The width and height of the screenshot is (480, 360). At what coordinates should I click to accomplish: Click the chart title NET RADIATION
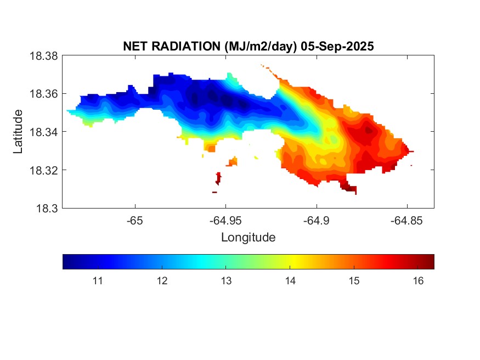[172, 47]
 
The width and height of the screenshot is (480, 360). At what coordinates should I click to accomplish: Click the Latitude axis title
[18, 132]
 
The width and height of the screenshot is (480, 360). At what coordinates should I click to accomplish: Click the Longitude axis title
[248, 238]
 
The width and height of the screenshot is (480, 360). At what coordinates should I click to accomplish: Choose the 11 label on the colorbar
[98, 281]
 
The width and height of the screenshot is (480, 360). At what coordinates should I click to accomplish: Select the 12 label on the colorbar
[162, 281]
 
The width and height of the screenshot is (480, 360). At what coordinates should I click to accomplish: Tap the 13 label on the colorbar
[226, 281]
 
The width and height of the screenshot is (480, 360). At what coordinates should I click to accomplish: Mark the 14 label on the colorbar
[290, 281]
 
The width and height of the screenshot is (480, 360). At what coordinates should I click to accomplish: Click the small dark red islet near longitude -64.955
[218, 178]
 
